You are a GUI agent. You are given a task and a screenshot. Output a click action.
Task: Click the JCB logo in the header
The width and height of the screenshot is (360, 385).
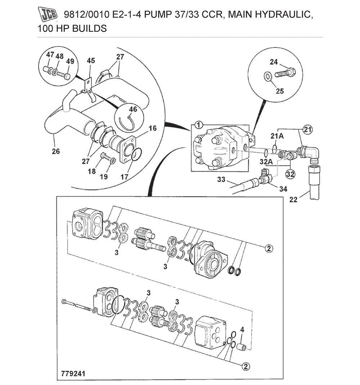coord(48,14)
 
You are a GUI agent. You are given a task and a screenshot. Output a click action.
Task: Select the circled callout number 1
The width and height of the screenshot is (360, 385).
coord(198,125)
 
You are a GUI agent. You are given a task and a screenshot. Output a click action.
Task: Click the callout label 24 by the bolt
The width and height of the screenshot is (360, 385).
coord(274,62)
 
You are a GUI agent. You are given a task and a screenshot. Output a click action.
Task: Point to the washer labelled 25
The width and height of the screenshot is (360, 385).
coord(267,76)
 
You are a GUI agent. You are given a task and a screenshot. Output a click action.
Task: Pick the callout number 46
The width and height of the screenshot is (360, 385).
coord(133,109)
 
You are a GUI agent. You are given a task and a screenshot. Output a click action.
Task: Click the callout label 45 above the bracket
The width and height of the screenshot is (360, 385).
coord(91,61)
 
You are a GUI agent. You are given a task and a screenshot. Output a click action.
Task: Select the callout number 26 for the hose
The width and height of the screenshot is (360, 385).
coord(56,151)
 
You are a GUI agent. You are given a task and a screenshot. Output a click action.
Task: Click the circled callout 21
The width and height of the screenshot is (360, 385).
coord(307,129)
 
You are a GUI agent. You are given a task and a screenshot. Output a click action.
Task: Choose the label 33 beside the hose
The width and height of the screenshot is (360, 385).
coord(221,179)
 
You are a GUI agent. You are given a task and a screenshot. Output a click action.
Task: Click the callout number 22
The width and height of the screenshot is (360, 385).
coord(293,200)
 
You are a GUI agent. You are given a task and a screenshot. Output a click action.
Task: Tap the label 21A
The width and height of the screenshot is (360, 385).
coord(277,136)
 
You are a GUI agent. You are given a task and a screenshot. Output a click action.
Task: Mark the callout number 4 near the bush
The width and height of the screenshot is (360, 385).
coord(242,330)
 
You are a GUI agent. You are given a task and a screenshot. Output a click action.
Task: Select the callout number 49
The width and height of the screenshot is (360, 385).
coord(70,61)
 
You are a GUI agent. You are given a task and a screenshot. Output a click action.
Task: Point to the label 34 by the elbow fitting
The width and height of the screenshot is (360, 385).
coord(283,189)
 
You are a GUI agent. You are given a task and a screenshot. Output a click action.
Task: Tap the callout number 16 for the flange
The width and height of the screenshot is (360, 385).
coord(152,128)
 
